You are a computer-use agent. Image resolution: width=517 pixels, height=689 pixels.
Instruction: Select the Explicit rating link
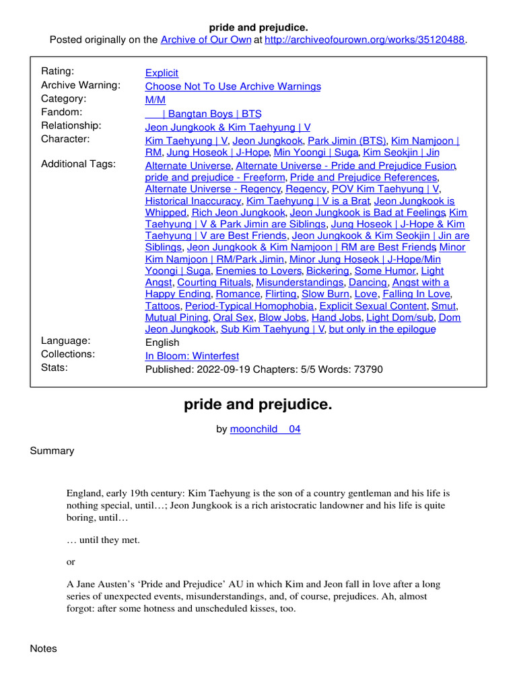point(162,73)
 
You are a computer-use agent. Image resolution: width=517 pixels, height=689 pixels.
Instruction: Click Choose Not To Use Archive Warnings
point(233,86)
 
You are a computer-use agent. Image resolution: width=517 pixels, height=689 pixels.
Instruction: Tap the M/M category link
point(155,100)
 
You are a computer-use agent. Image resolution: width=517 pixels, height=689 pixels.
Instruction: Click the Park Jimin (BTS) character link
point(347,141)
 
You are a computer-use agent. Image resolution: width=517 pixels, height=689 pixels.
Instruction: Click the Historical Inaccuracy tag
point(193,201)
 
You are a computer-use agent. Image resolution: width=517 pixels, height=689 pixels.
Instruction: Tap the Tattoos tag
point(162,305)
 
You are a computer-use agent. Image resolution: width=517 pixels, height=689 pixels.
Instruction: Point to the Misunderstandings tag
point(300,283)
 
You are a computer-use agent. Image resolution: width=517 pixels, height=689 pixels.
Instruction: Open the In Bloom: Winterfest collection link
point(192,355)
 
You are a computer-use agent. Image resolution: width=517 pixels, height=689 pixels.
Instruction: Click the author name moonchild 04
point(265,429)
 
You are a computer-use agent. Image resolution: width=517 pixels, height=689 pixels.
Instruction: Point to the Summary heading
point(52,451)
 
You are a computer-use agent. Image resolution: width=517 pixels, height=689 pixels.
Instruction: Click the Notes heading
point(44,649)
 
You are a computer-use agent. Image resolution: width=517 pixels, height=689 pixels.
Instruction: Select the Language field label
point(66,340)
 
